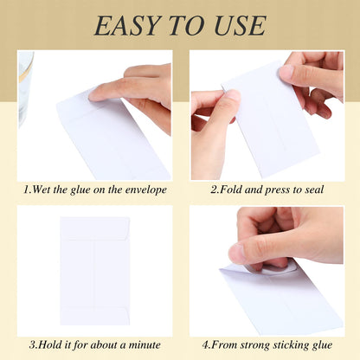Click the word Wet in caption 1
43,190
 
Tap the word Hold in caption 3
48,345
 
